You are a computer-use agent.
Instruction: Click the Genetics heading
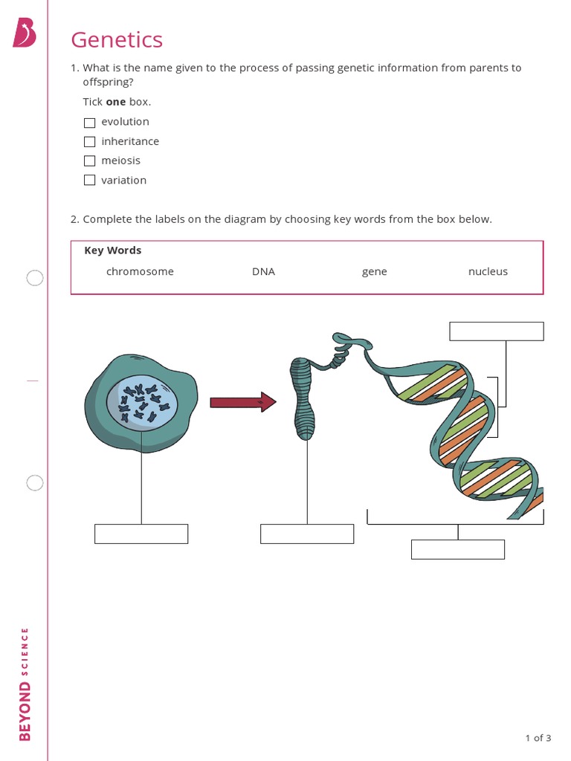pos(117,39)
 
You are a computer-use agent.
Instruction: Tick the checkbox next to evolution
pos(90,123)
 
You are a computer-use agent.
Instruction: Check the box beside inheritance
pos(90,142)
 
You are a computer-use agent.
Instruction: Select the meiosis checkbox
pos(90,161)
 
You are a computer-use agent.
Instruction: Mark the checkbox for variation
pos(90,181)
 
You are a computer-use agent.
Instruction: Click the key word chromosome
pos(140,272)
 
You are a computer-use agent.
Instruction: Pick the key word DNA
pos(263,272)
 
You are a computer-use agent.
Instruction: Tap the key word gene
pos(374,272)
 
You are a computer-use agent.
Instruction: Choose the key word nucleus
pos(488,272)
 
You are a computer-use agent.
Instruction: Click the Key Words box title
pos(113,250)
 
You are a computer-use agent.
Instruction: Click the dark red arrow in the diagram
pos(242,403)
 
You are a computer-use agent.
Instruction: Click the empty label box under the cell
pos(141,534)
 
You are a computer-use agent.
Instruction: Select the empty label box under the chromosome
pos(307,534)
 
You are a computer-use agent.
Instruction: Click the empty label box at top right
pos(497,331)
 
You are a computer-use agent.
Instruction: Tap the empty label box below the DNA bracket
pos(458,549)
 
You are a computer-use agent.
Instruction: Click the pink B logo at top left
pos(24,33)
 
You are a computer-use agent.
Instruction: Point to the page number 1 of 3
pos(538,738)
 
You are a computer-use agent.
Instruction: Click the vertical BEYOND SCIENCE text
pos(25,684)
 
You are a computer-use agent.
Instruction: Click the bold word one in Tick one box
pos(115,102)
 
